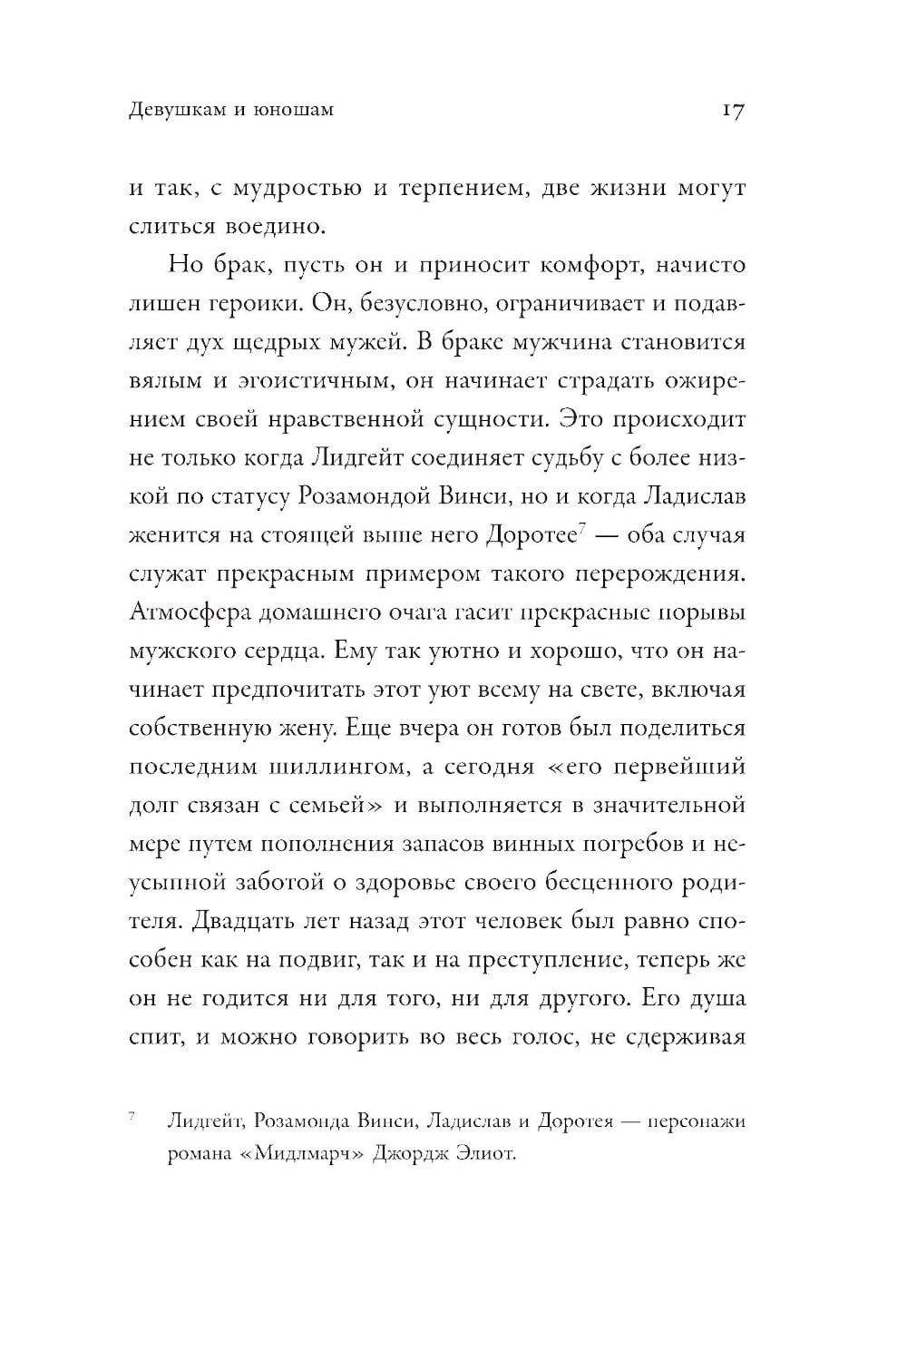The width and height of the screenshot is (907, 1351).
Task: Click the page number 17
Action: coord(733,111)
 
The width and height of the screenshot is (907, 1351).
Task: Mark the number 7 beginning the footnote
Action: coord(132,1116)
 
